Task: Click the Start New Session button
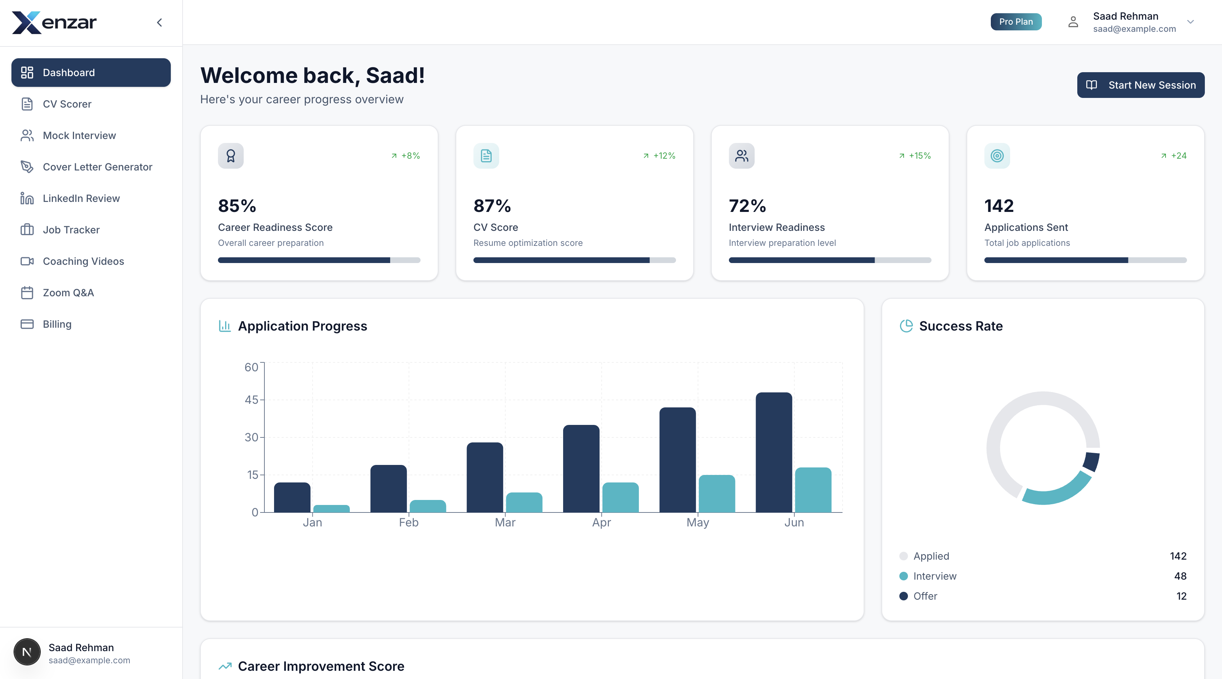1141,85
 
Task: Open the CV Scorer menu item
67,104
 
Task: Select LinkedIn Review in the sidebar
81,198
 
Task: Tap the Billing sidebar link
57,324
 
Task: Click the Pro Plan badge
1015,22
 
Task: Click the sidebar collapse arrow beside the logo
159,22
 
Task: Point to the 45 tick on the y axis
252,400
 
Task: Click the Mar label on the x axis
505,522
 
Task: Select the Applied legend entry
931,556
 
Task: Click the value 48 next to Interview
1180,576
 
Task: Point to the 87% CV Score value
492,206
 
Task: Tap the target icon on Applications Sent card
997,155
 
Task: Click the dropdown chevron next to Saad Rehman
1190,22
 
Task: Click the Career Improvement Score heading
321,666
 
